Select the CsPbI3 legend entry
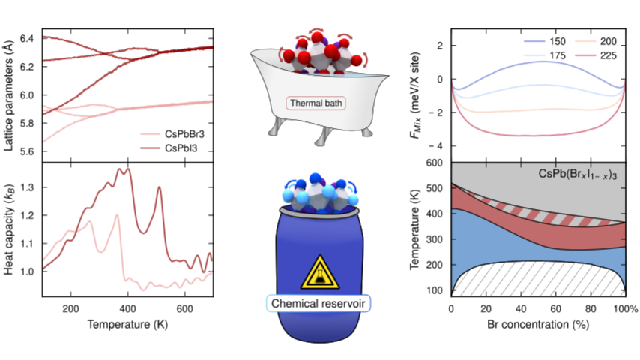point(178,148)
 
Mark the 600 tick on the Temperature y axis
point(438,163)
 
